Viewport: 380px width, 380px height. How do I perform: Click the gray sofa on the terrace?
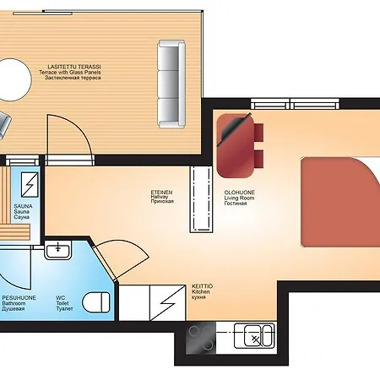(171, 84)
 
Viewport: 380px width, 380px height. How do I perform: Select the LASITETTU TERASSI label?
(74, 67)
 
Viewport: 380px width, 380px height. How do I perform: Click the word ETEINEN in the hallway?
(161, 193)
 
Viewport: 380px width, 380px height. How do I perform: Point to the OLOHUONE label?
(240, 193)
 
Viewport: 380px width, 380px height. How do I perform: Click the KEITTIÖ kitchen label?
(202, 286)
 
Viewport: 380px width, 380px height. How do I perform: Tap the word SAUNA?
(23, 206)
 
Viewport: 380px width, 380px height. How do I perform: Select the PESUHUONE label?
(19, 298)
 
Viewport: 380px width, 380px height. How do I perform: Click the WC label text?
(60, 298)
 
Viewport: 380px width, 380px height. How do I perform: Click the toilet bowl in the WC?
(96, 302)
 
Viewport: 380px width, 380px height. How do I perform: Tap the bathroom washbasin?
(58, 250)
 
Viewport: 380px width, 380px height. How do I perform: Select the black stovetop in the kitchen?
(201, 338)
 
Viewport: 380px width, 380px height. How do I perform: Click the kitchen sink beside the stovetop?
(254, 335)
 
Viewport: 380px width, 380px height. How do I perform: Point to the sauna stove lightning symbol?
(30, 185)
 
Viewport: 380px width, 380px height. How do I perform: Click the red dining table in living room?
(236, 146)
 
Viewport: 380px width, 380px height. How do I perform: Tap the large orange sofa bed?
(340, 202)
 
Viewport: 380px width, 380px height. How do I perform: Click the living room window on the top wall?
(296, 104)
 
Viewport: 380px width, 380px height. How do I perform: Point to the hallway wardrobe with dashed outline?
(201, 199)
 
